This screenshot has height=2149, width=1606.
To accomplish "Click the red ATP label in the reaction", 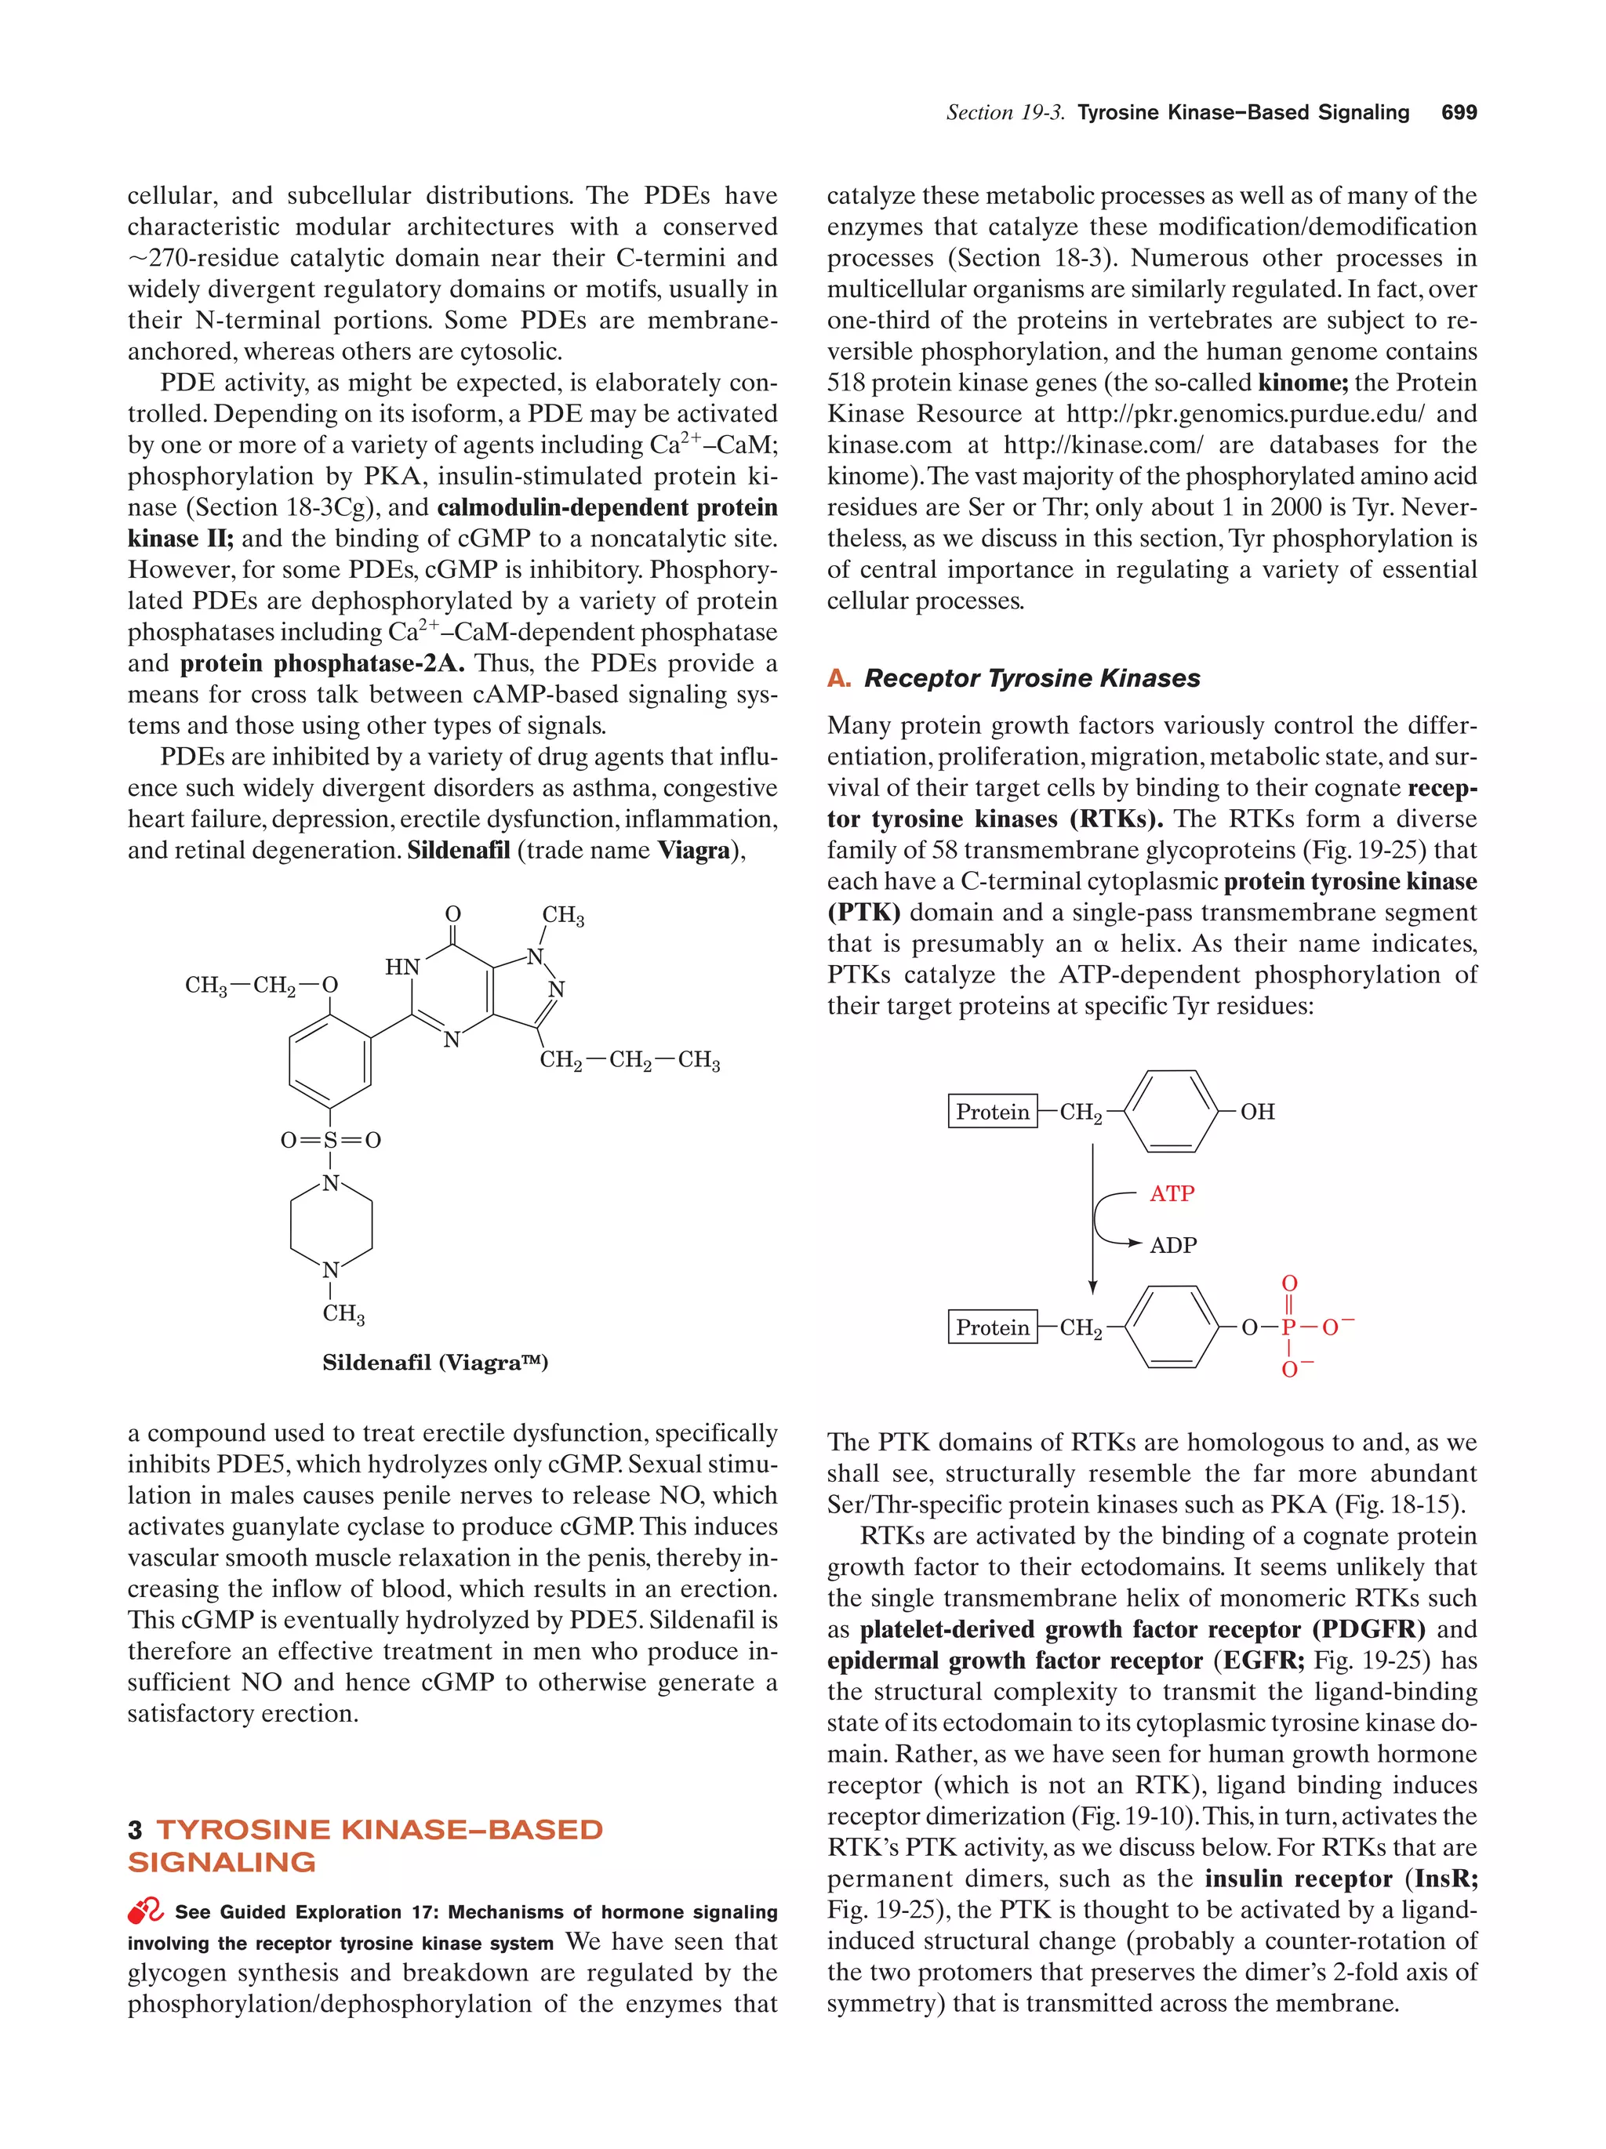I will pyautogui.click(x=1171, y=1193).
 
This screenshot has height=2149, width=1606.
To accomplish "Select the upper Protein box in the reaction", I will pyautogui.click(x=991, y=1112).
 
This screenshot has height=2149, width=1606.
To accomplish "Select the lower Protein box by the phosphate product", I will pyautogui.click(x=991, y=1327).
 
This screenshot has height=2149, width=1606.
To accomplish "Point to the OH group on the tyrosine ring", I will pyautogui.click(x=1256, y=1112).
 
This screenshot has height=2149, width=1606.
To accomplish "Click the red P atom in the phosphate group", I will pyautogui.click(x=1288, y=1327).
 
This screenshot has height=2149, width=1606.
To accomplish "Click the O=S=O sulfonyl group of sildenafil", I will pyautogui.click(x=330, y=1140).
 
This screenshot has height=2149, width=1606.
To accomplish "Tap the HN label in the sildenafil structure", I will pyautogui.click(x=402, y=967).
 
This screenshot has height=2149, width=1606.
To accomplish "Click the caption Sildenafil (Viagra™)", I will pyautogui.click(x=434, y=1362).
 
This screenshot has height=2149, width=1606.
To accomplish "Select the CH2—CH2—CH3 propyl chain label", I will pyautogui.click(x=630, y=1060).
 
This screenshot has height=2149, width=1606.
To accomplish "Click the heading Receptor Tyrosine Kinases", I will pyautogui.click(x=1031, y=678).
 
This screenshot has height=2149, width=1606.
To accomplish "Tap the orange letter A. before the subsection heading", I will pyautogui.click(x=838, y=678).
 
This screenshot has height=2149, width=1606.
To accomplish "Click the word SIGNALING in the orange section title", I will pyautogui.click(x=221, y=1862).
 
